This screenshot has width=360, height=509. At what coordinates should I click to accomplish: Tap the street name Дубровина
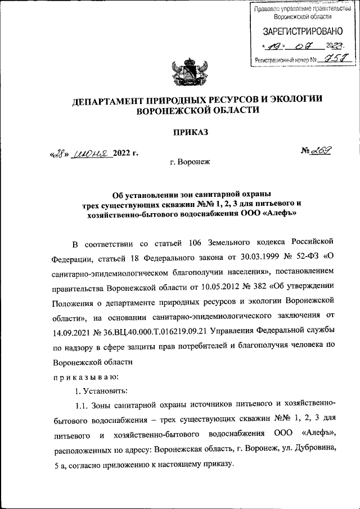pos(317,448)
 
